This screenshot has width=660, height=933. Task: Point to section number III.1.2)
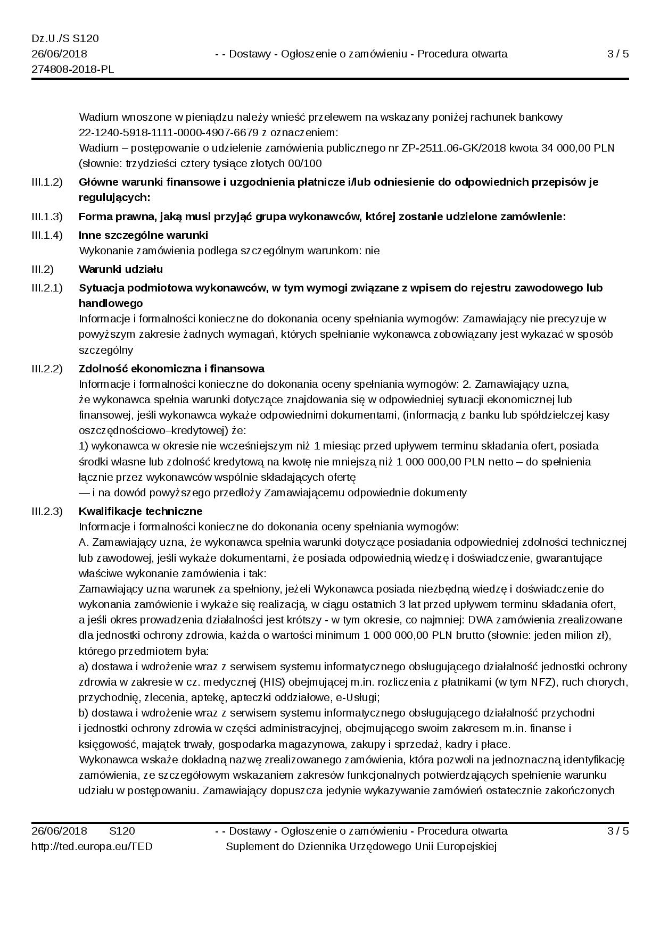pyautogui.click(x=47, y=182)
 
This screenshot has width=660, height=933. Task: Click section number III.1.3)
pyautogui.click(x=47, y=217)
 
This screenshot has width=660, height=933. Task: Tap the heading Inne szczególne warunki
pyautogui.click(x=143, y=235)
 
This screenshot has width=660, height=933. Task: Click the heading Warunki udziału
pyautogui.click(x=121, y=269)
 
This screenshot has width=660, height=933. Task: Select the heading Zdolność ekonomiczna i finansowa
pyautogui.click(x=171, y=369)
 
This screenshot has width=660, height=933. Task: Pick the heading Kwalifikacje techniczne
pyautogui.click(x=141, y=511)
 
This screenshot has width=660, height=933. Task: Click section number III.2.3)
pyautogui.click(x=47, y=511)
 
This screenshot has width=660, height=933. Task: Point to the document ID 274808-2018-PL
pyautogui.click(x=72, y=70)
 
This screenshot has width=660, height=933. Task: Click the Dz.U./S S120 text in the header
pyautogui.click(x=65, y=39)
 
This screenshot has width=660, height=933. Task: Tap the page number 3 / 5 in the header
pyautogui.click(x=618, y=54)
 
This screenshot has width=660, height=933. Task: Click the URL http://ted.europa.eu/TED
pyautogui.click(x=92, y=846)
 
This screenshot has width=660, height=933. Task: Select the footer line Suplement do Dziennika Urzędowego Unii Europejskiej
pyautogui.click(x=361, y=846)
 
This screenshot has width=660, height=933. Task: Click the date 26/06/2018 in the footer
pyautogui.click(x=59, y=831)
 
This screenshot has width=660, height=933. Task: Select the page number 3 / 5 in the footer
pyautogui.click(x=618, y=831)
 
